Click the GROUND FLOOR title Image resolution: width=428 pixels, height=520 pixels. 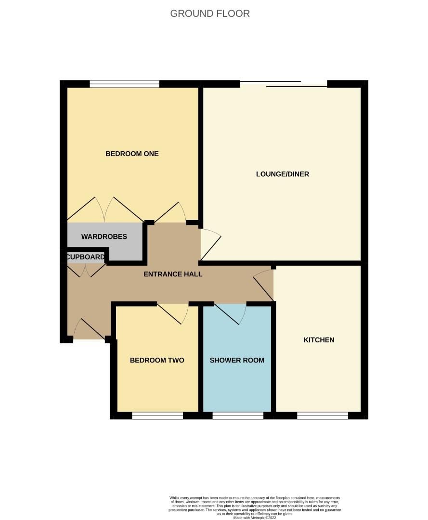pyautogui.click(x=210, y=13)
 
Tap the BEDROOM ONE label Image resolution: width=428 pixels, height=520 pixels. pyautogui.click(x=132, y=154)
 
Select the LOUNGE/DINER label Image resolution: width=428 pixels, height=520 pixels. pyautogui.click(x=282, y=174)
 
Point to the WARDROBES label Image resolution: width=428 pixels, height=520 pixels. pyautogui.click(x=104, y=236)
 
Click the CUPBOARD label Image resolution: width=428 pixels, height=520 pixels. pyautogui.click(x=85, y=257)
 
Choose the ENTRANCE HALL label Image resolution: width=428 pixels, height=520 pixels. pyautogui.click(x=173, y=274)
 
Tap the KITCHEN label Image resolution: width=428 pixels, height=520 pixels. pyautogui.click(x=319, y=340)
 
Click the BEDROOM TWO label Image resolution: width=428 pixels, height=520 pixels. pyautogui.click(x=157, y=360)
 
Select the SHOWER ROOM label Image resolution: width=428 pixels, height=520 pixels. pyautogui.click(x=237, y=360)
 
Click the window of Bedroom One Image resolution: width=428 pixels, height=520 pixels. pyautogui.click(x=124, y=84)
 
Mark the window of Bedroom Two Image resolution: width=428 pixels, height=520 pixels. pyautogui.click(x=157, y=415)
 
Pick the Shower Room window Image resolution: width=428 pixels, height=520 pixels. pyautogui.click(x=238, y=415)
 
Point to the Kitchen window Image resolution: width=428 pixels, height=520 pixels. pyautogui.click(x=322, y=415)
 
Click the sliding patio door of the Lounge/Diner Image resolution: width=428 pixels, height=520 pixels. pyautogui.click(x=284, y=84)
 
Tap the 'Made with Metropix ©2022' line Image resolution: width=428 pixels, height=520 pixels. pyautogui.click(x=255, y=518)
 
